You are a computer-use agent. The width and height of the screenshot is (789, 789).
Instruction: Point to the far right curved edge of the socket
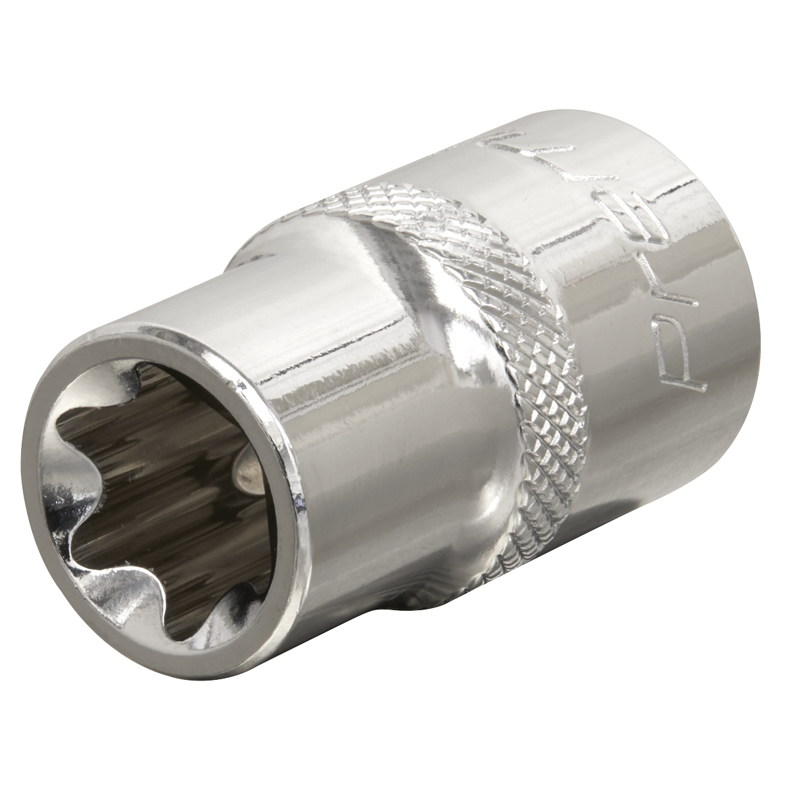tap(756, 329)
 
